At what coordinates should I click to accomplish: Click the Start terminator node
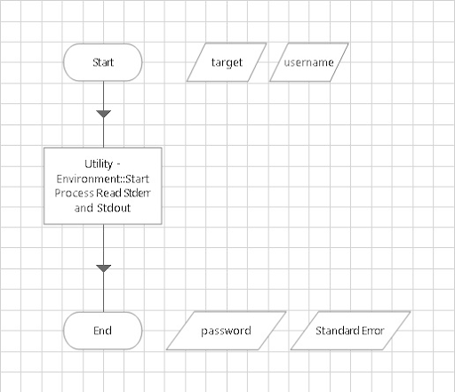click(103, 63)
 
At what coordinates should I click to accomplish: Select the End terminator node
click(103, 331)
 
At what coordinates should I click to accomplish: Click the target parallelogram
click(227, 63)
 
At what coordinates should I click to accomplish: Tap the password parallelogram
click(226, 331)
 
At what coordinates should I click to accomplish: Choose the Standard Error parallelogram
click(349, 331)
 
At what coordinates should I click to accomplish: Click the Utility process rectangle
click(103, 186)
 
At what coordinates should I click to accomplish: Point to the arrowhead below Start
click(103, 114)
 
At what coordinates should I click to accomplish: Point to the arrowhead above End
click(103, 268)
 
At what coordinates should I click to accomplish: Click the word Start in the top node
click(103, 63)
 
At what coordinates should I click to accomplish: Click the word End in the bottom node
click(103, 331)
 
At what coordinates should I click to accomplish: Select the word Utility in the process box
click(100, 165)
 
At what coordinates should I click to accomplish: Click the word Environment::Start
click(103, 179)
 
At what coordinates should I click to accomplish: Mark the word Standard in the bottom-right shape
click(338, 331)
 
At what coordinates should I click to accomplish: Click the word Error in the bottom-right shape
click(371, 331)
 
